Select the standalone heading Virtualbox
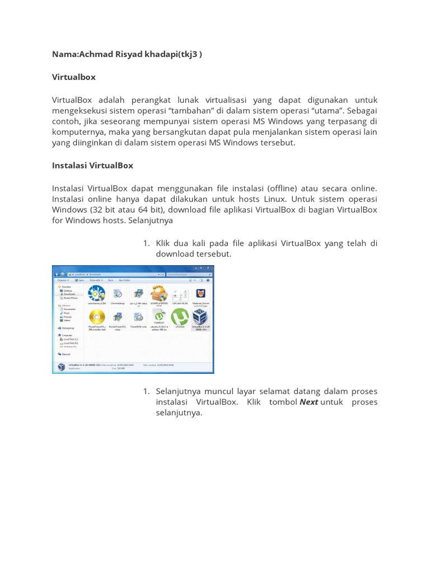pos(74,77)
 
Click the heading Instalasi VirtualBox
pos(92,166)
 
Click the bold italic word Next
pos(309,402)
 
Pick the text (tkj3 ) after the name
pos(190,54)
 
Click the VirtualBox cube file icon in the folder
pos(200,317)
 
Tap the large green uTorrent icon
pos(180,317)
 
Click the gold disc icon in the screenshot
pos(97,317)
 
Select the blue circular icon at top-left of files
pos(97,293)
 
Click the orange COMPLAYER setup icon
pos(159,293)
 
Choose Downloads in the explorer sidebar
pos(69,294)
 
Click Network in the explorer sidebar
pos(66,354)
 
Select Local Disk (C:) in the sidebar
pos(70,339)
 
